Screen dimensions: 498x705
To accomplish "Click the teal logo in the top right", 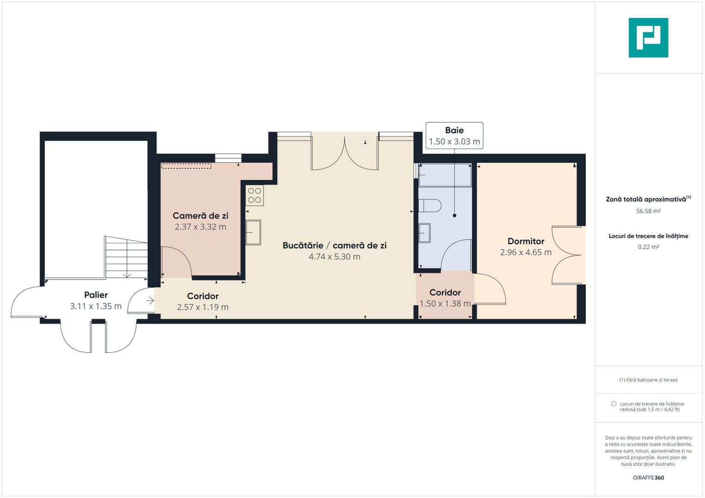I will point(648,38).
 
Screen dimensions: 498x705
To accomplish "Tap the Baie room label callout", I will point(454,136).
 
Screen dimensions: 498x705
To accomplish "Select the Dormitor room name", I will point(525,241).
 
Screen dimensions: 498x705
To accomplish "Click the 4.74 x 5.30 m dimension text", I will point(334,257).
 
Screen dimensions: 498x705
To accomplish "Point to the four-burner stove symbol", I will point(254,195).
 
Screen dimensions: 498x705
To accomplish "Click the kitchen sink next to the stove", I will point(253,232).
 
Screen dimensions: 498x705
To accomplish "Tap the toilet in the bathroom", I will point(429,205).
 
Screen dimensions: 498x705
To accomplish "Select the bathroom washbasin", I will point(424,233).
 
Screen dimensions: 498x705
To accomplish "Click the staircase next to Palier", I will point(126,257).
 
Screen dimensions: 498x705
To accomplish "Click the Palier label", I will point(96,295).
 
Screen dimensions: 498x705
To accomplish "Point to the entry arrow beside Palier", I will point(150,301).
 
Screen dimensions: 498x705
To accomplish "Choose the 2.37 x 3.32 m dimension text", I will point(200,227).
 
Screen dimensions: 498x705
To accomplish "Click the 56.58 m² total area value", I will point(648,211).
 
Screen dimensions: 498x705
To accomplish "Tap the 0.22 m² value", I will point(648,247).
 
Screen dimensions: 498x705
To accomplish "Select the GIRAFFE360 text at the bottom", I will point(648,478).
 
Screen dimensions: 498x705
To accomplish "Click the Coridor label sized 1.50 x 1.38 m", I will point(445,293).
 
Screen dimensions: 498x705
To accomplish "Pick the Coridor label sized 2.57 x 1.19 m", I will point(202,296).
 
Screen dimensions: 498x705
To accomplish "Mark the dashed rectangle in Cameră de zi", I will point(186,166).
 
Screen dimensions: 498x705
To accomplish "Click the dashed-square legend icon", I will point(614,404).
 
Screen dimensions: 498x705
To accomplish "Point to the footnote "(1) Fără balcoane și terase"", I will point(648,380).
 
